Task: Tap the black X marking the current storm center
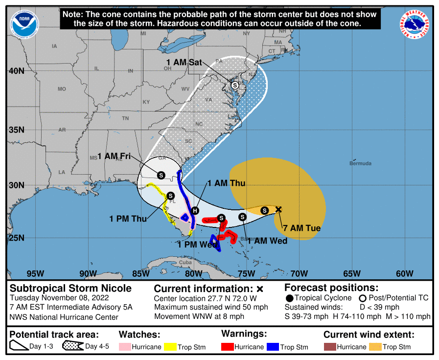(278, 209)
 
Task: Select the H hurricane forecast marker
(195, 210)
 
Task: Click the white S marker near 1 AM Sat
(235, 85)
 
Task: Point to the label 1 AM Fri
(114, 156)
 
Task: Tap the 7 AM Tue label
(299, 228)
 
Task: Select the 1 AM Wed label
(267, 240)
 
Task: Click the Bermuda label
(360, 163)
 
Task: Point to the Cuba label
(185, 262)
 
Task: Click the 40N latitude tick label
(16, 71)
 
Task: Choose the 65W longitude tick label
(352, 273)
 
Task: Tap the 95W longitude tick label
(35, 273)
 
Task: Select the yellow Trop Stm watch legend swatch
(170, 347)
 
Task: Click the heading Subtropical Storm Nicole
(70, 288)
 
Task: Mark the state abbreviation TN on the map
(125, 118)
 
